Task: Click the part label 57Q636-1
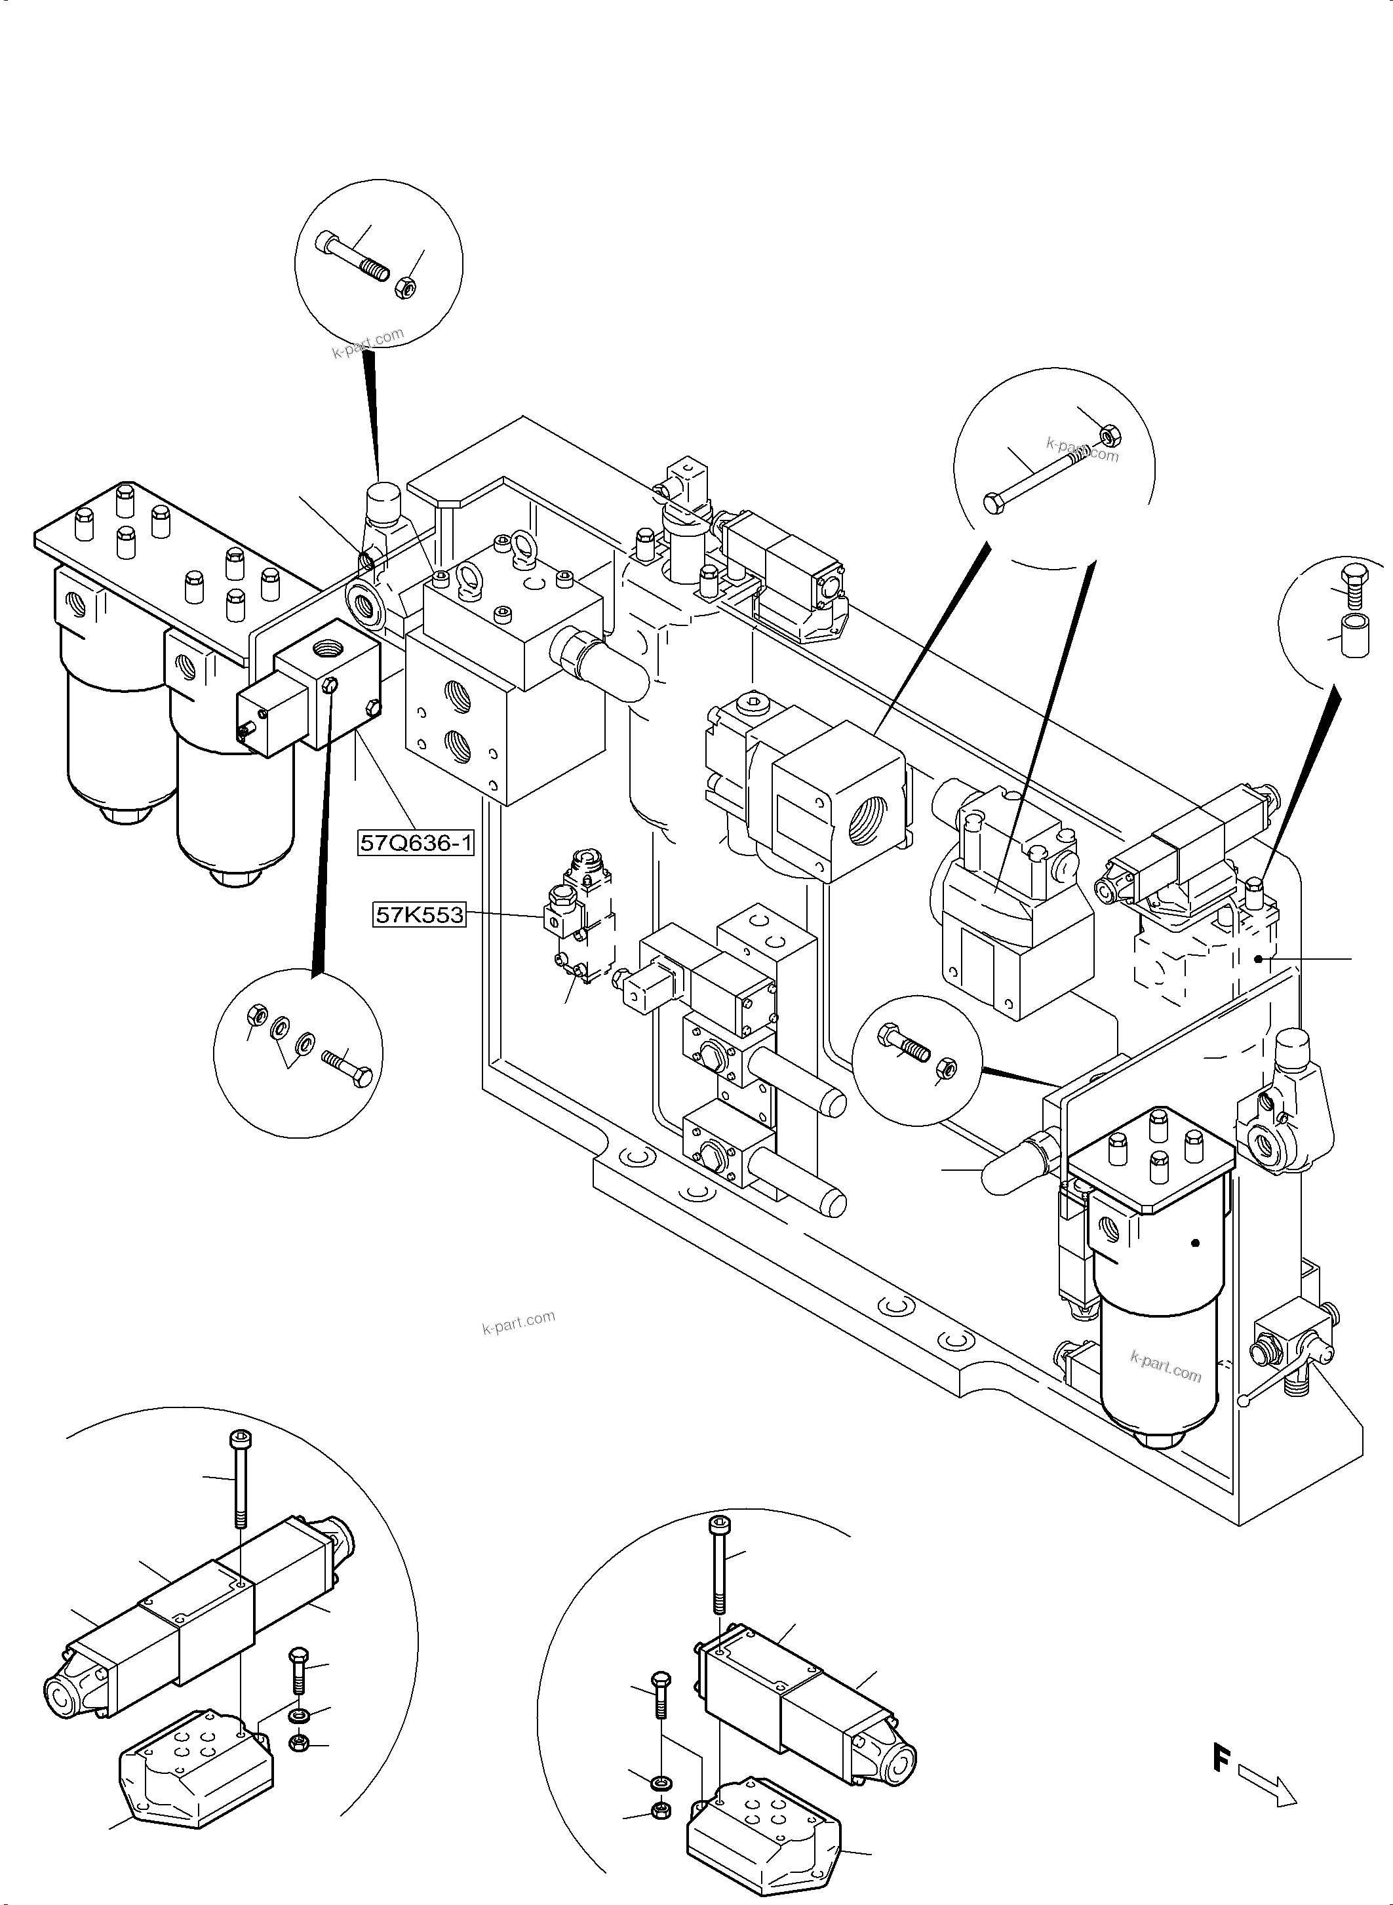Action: pyautogui.click(x=416, y=842)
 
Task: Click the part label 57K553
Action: pyautogui.click(x=419, y=914)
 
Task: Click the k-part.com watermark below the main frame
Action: pyautogui.click(x=518, y=1323)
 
